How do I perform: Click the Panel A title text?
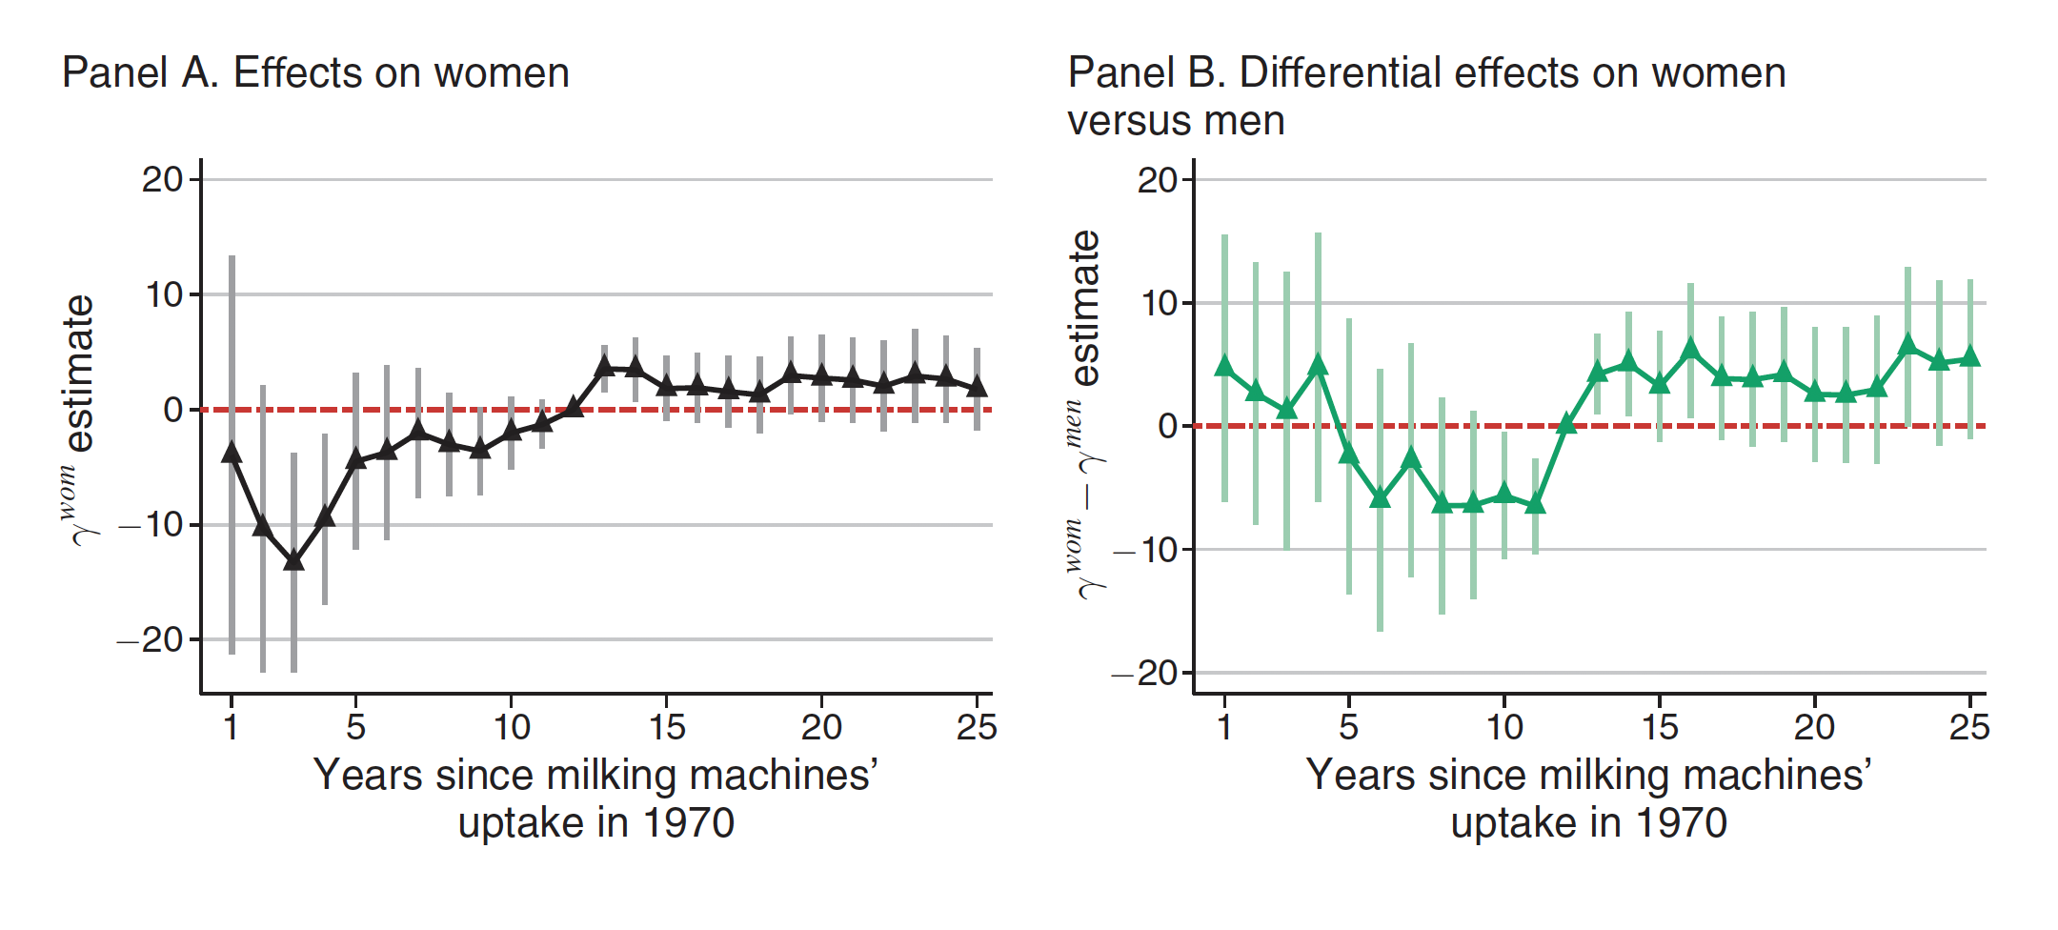tap(315, 73)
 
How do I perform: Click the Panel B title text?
tap(1426, 95)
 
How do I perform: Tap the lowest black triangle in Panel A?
tap(293, 560)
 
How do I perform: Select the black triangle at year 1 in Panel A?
tap(232, 453)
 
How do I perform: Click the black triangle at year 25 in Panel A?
tap(977, 387)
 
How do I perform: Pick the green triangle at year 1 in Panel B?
tap(1224, 366)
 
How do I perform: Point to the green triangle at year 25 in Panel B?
tap(1970, 357)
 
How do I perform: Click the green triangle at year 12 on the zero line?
tap(1566, 424)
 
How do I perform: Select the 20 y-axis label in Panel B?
tap(1157, 180)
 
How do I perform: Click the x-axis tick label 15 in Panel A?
tap(667, 728)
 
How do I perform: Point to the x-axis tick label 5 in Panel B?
tap(1348, 728)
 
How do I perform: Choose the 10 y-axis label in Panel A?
tap(164, 295)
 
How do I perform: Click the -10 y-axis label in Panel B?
tap(1145, 550)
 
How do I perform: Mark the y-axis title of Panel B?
tap(1083, 414)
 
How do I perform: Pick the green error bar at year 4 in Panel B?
tap(1318, 286)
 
